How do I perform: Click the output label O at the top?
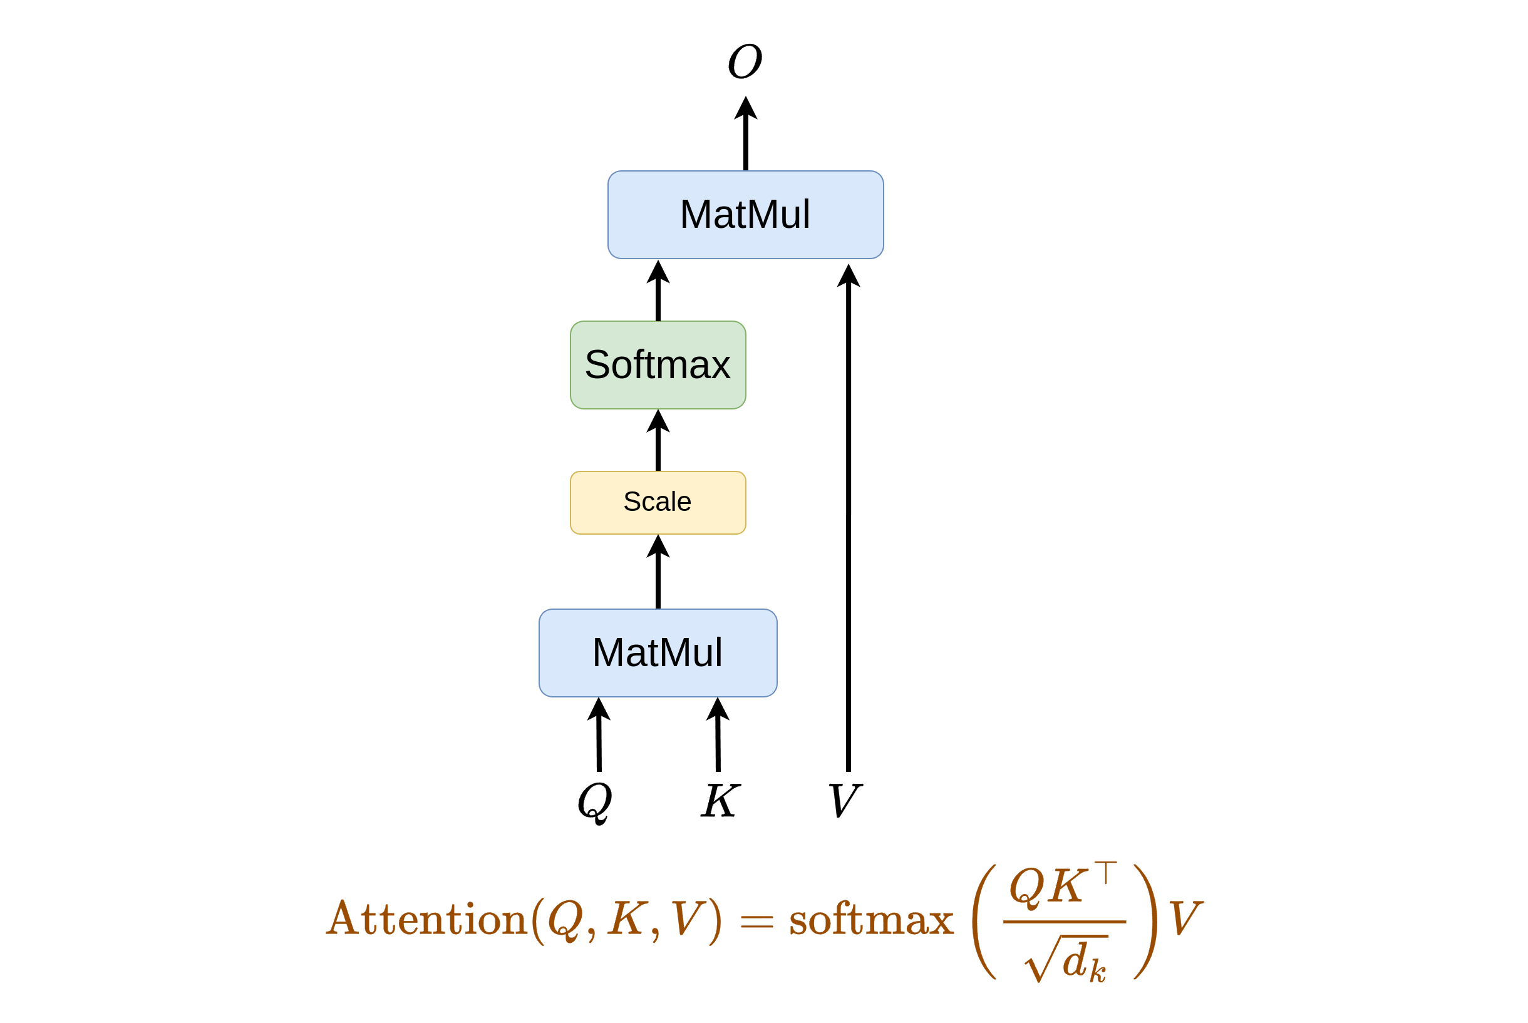[x=745, y=61]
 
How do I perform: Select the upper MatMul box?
[x=745, y=215]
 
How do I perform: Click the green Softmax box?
[x=658, y=365]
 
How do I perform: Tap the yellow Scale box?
[x=658, y=502]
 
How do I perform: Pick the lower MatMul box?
[x=658, y=652]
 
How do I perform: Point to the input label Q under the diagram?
[x=595, y=802]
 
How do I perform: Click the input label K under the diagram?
[x=720, y=801]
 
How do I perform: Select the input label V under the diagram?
[x=845, y=801]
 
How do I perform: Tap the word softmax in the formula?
[x=871, y=920]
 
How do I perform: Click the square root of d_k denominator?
[x=1066, y=960]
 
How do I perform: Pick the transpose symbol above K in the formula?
[x=1106, y=872]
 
